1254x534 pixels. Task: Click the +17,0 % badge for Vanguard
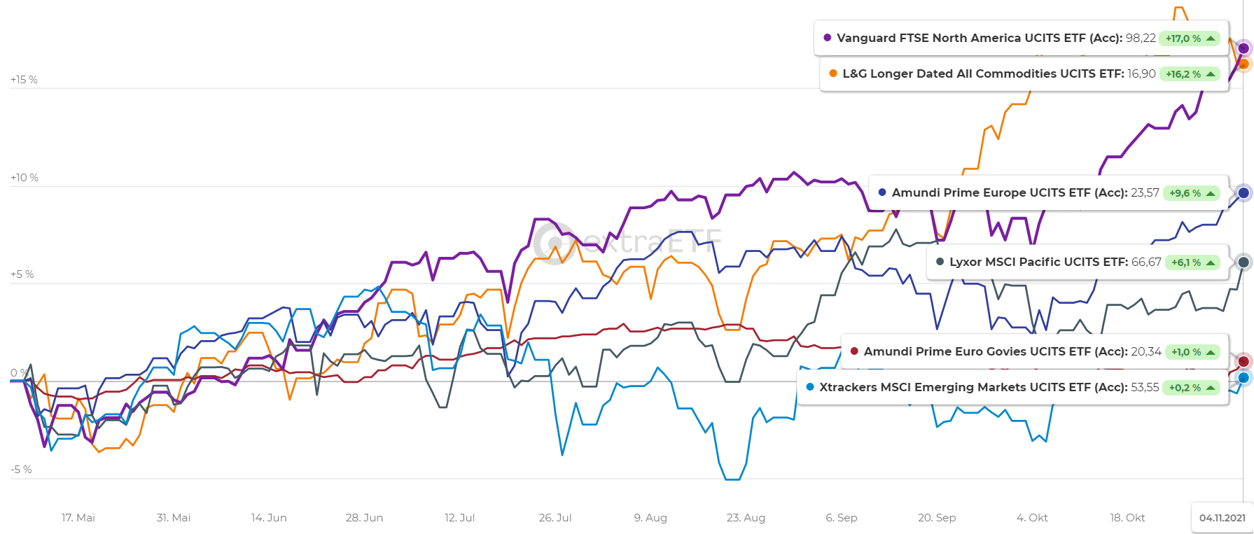[x=1190, y=38]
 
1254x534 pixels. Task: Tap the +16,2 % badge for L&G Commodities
[x=1190, y=74]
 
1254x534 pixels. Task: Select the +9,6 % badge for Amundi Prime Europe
[x=1191, y=193]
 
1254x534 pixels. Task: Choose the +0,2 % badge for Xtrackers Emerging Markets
[x=1191, y=388]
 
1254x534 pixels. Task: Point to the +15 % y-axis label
[x=24, y=80]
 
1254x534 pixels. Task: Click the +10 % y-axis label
[x=24, y=178]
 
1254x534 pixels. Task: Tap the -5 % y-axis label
[x=21, y=470]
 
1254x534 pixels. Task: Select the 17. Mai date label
[x=78, y=518]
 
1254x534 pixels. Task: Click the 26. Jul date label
[x=555, y=518]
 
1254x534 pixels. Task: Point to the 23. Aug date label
[x=746, y=518]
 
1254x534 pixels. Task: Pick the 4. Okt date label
[x=1032, y=518]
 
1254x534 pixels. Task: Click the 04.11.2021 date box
[x=1222, y=518]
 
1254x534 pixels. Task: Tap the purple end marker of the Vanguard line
[x=1243, y=48]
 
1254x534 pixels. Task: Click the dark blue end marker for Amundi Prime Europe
[x=1243, y=193]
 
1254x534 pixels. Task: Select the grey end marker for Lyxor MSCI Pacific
[x=1243, y=262]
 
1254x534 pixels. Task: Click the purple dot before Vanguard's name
[x=828, y=38]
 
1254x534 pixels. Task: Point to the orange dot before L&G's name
[x=833, y=73]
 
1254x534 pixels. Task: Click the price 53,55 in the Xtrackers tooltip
[x=1145, y=387]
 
